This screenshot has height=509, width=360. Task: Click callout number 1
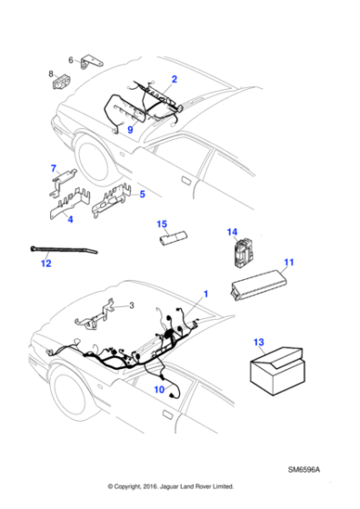pos(205,294)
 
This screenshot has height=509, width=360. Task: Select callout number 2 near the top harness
pos(174,80)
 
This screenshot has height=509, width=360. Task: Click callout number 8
pos(51,74)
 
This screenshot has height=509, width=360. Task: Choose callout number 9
pos(130,129)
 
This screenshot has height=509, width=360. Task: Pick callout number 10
pos(158,390)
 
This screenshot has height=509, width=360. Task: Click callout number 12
pos(46,264)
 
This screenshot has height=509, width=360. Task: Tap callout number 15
pos(162,223)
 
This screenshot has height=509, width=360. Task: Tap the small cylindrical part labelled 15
pos(173,238)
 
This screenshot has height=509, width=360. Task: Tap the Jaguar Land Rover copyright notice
pos(171,485)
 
